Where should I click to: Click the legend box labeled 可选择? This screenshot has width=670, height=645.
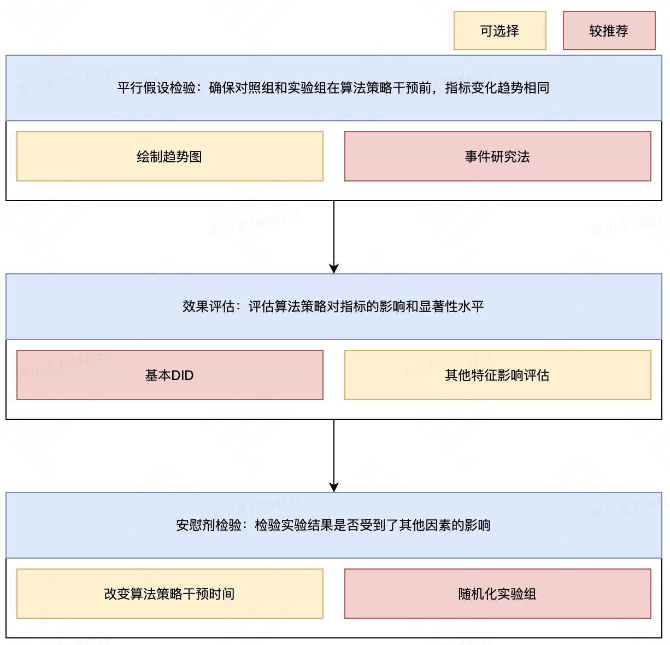coord(500,31)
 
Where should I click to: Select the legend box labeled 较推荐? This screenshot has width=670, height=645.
coord(609,31)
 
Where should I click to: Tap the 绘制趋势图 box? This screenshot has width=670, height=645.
coord(170,156)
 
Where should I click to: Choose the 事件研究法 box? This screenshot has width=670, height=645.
coord(497,156)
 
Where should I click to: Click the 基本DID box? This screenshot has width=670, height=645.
coord(170,375)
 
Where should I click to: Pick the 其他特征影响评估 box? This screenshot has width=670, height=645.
coord(497,375)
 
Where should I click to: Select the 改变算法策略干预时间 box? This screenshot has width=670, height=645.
coord(170,594)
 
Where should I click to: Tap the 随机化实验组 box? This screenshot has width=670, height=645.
coord(497,594)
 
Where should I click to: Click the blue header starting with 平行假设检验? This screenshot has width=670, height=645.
coord(333,88)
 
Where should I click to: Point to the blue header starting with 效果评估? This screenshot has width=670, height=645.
coord(333,307)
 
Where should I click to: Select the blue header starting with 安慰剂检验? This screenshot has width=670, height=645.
coord(333,525)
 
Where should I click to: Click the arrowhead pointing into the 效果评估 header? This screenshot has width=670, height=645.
coord(333,269)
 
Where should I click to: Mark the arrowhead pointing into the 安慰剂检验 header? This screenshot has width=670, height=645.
coord(333,488)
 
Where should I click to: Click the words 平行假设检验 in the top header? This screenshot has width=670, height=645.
coord(156,88)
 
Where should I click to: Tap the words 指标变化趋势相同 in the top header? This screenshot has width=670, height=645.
coord(497,88)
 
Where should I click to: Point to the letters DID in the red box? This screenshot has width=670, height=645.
coord(182,376)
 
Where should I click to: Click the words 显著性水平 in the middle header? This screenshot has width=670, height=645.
coord(451,307)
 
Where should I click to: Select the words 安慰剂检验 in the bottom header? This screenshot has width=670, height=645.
coord(209,525)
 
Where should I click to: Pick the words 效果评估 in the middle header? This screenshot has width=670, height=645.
coord(209,307)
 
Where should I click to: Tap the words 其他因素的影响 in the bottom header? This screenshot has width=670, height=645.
coord(445,525)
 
